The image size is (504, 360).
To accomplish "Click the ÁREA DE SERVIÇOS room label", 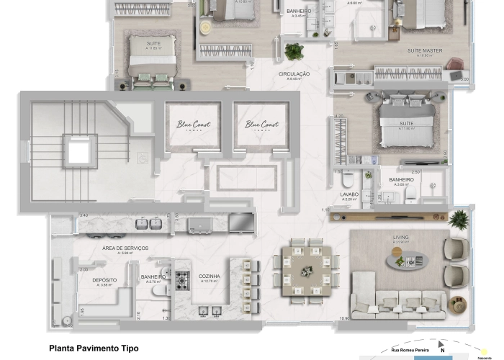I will point(125,248).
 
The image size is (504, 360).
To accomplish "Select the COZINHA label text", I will point(210,276).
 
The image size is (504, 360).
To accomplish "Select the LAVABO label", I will point(349,195).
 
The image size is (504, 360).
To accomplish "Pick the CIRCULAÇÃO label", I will point(294,74).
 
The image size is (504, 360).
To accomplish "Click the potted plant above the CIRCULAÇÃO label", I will point(294,52).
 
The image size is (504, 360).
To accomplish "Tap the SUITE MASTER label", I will point(425,50).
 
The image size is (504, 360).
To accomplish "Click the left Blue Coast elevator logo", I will point(192,125).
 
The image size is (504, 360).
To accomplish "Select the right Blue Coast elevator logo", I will point(261,125).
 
